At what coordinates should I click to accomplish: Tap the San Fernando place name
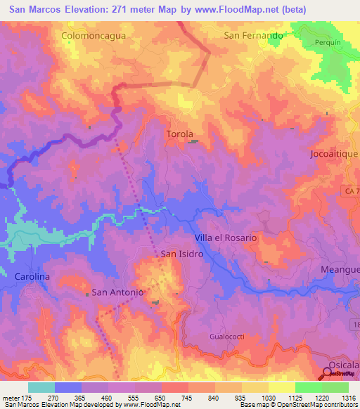[253, 34]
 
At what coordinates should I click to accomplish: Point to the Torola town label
[179, 134]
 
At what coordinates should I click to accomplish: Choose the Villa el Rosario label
[226, 238]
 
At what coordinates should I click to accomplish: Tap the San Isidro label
[182, 254]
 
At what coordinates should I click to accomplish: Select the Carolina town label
[32, 277]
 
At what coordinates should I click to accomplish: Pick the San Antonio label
[118, 292]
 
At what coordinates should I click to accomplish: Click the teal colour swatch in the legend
[41, 387]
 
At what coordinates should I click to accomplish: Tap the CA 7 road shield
[352, 191]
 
